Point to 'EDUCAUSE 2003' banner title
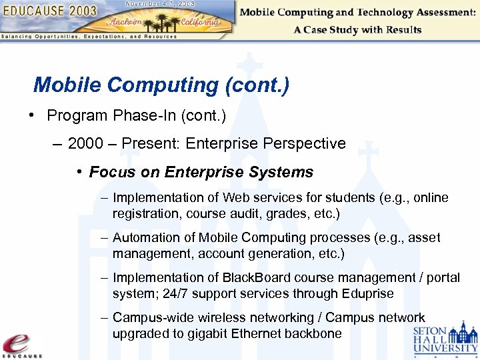pos(49,11)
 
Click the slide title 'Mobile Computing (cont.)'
pos(161,85)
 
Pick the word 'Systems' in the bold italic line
pos(281,172)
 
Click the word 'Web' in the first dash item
pos(235,198)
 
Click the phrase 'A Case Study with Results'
pos(357,30)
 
